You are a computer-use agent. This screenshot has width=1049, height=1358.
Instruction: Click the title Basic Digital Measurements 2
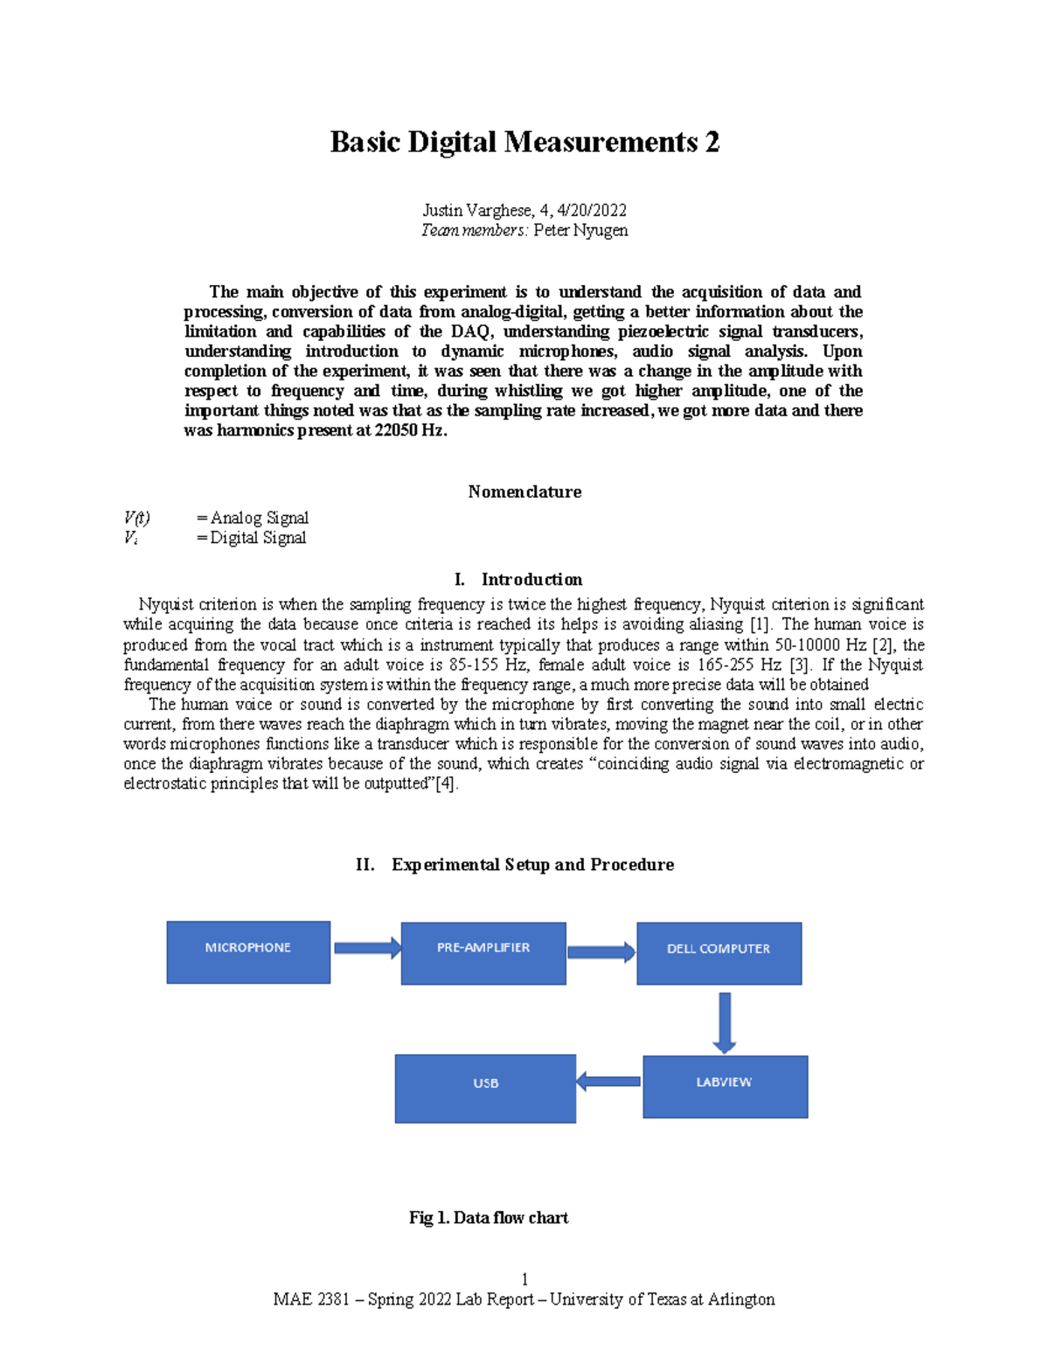(524, 143)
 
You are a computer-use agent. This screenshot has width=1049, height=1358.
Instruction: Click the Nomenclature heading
(524, 491)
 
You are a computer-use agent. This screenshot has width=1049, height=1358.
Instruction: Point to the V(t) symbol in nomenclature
(137, 518)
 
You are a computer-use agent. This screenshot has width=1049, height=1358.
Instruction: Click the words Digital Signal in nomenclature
(258, 538)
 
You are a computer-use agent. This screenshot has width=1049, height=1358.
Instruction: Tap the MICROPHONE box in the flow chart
(248, 951)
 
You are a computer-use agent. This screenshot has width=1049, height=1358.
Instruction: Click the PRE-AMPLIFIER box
(483, 952)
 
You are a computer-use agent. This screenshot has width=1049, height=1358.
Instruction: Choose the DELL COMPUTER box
(719, 952)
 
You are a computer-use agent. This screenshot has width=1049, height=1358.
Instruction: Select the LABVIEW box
(725, 1086)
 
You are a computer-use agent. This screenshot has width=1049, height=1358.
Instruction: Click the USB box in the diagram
(485, 1088)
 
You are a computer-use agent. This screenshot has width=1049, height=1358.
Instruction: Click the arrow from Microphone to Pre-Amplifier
(366, 948)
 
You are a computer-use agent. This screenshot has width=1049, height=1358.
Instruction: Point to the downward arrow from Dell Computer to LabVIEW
(724, 1021)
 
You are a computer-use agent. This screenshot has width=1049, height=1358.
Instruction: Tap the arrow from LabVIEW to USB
(608, 1082)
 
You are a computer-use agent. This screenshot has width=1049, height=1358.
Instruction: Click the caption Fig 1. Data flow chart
(489, 1217)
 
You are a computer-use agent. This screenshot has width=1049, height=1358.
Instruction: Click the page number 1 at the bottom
(524, 1279)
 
